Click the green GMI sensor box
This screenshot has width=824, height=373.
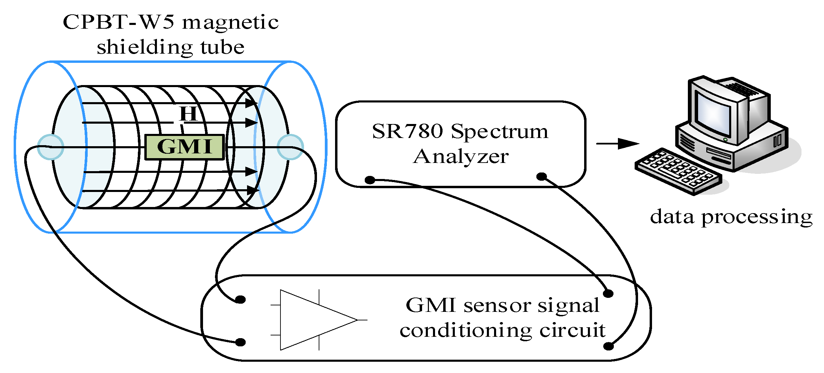coord(185,147)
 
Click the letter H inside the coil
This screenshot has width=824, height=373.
coord(188,114)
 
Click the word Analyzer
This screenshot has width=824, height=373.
coord(461,157)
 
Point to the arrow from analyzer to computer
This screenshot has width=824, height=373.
coord(618,143)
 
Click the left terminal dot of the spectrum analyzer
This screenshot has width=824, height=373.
coord(370,180)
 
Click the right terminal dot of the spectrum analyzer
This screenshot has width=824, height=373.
coord(541,177)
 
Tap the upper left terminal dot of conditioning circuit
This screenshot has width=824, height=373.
coord(241,300)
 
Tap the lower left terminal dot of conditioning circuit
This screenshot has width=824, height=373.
coord(241,342)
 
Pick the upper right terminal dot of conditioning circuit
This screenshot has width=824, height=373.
coord(608,293)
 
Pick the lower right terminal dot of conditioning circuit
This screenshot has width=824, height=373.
coord(608,346)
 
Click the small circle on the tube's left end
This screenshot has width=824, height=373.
coord(50,147)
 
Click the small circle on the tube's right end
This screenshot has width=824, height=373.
coord(290,147)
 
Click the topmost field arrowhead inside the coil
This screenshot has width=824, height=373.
coord(252,103)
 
